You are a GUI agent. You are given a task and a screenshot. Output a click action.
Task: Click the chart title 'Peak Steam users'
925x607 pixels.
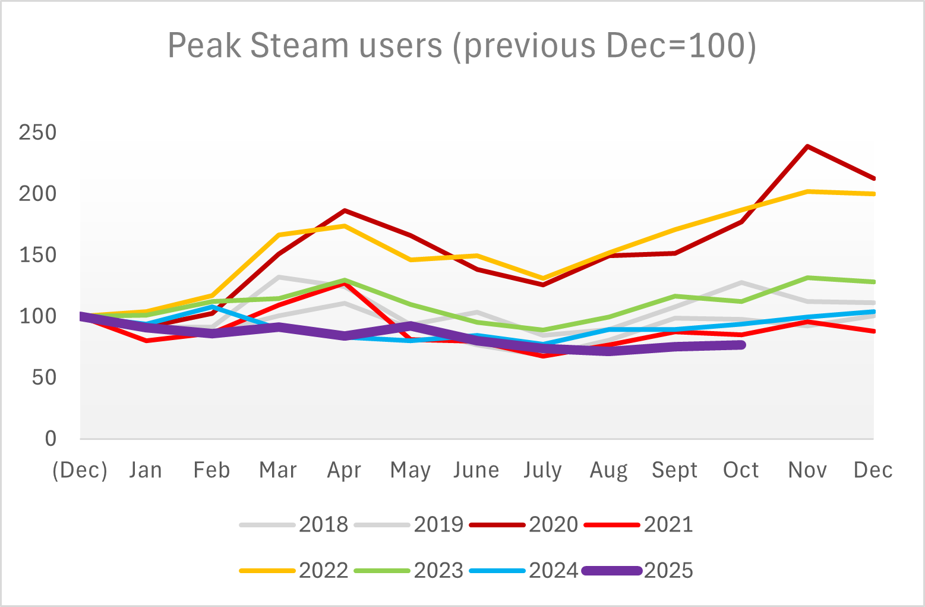pyautogui.click(x=462, y=45)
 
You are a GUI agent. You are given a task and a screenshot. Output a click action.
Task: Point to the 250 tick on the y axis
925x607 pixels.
pyautogui.click(x=37, y=133)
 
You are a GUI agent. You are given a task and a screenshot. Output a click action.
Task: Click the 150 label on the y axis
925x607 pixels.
pyautogui.click(x=37, y=255)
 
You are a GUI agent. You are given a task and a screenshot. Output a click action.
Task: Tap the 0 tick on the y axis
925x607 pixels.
pyautogui.click(x=50, y=439)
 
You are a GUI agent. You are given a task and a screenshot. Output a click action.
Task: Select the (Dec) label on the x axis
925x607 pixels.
pyautogui.click(x=80, y=470)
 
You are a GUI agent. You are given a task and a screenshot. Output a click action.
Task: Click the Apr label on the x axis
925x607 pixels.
pyautogui.click(x=345, y=470)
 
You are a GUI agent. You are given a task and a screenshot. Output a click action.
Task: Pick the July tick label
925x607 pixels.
pyautogui.click(x=542, y=470)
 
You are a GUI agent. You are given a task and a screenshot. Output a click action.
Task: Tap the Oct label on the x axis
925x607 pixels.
pyautogui.click(x=741, y=470)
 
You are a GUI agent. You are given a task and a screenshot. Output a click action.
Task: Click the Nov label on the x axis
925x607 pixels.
pyautogui.click(x=807, y=470)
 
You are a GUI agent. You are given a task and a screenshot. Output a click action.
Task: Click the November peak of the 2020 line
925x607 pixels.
pyautogui.click(x=807, y=146)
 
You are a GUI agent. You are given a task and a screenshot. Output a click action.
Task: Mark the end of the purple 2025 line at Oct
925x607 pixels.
pyautogui.click(x=741, y=345)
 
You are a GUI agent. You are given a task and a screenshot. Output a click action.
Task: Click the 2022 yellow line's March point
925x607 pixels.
pyautogui.click(x=279, y=235)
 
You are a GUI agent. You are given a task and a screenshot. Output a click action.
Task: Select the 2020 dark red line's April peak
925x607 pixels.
pyautogui.click(x=345, y=210)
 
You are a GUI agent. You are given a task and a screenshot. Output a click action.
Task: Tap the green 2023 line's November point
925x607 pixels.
pyautogui.click(x=807, y=278)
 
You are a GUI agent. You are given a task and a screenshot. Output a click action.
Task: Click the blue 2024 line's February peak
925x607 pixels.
pyautogui.click(x=213, y=307)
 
